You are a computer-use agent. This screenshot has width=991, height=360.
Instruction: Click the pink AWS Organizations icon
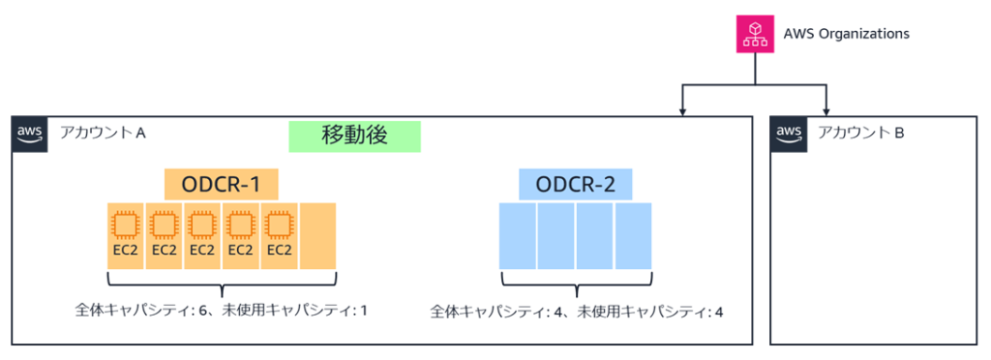tap(754, 34)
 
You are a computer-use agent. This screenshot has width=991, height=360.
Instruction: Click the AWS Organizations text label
tap(845, 34)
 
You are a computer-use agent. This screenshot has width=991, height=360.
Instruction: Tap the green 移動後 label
tap(355, 136)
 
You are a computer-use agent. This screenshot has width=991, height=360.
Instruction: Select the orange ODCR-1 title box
tap(221, 184)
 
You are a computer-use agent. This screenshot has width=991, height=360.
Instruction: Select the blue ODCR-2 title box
tap(576, 184)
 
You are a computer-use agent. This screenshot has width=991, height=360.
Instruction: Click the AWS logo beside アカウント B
tap(790, 134)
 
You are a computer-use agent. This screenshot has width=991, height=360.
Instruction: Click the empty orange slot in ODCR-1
tap(317, 236)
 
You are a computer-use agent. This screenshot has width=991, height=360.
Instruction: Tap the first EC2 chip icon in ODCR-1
tap(126, 225)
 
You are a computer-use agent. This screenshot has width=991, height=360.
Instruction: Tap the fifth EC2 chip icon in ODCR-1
tap(279, 225)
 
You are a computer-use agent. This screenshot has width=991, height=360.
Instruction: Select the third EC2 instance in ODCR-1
tap(202, 235)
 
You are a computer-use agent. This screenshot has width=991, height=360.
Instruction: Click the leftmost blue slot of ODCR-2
tap(518, 236)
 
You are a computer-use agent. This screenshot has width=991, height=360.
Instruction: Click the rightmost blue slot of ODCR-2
tap(634, 236)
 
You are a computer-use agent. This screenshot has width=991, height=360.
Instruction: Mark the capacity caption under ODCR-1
tap(222, 311)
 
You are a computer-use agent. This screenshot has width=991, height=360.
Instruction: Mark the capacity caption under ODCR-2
tap(577, 312)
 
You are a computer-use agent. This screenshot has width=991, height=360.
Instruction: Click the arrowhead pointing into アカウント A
tap(683, 109)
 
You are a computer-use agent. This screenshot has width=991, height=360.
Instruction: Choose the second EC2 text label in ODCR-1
tap(165, 250)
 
